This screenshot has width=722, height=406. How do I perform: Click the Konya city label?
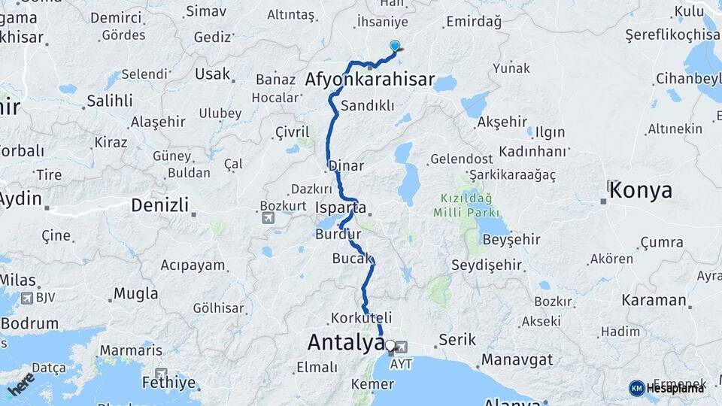click(640, 190)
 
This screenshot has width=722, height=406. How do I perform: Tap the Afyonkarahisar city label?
click(370, 80)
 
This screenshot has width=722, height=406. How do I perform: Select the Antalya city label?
click(346, 343)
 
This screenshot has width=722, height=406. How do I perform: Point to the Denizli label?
click(159, 205)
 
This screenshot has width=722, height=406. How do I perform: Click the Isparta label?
click(341, 208)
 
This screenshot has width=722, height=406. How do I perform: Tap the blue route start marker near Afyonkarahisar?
click(395, 46)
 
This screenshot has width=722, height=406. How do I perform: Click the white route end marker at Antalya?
click(390, 346)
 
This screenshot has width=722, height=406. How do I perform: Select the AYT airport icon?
click(402, 347)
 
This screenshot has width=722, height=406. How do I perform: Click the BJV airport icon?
click(28, 299)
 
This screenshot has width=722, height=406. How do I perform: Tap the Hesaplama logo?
click(667, 388)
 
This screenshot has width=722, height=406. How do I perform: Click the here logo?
click(21, 383)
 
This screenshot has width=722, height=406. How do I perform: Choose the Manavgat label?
click(517, 359)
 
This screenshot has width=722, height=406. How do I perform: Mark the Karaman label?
click(654, 300)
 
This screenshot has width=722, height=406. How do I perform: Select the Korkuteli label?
click(362, 318)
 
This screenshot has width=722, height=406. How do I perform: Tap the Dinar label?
click(346, 166)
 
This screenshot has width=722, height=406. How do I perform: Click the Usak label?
click(212, 74)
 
